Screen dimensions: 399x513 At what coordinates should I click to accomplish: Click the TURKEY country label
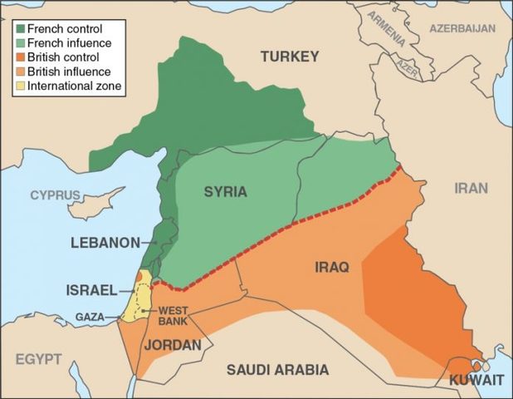[290, 57]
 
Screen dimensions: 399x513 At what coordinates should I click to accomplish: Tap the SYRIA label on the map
[225, 192]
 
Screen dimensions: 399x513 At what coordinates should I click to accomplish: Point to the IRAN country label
[471, 188]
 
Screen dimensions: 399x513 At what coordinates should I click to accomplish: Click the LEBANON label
[105, 243]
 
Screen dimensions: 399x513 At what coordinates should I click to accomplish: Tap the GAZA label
[90, 317]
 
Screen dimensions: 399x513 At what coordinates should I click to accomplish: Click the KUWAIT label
[476, 380]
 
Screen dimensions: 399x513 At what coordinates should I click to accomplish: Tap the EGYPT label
[36, 358]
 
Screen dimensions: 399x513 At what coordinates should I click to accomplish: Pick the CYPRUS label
[55, 195]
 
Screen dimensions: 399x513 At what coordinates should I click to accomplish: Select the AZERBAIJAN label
[462, 28]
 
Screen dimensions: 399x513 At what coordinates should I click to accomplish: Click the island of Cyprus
[95, 199]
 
